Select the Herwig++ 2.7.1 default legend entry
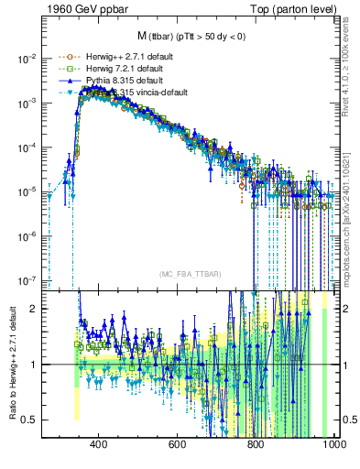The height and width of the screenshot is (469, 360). pos(115,58)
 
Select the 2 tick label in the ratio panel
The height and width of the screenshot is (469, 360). pos(33,309)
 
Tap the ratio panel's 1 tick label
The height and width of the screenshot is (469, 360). pos(33,365)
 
